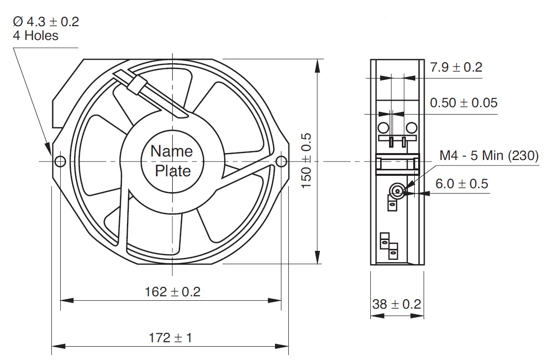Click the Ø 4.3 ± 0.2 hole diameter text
click(x=46, y=22)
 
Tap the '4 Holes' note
click(x=36, y=36)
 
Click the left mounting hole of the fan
click(x=60, y=161)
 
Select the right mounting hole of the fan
click(x=281, y=161)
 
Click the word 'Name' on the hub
click(x=172, y=151)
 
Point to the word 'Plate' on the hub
click(x=173, y=171)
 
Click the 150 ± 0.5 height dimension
click(x=306, y=160)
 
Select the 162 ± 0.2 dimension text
click(x=173, y=292)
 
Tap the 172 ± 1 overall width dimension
click(x=170, y=338)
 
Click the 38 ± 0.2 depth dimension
click(x=397, y=304)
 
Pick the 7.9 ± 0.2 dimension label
click(x=456, y=67)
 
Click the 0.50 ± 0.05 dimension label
click(x=464, y=103)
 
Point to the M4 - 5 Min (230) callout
click(x=489, y=155)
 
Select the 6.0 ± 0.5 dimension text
click(x=462, y=184)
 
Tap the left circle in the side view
click(x=384, y=127)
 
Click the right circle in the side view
click(x=412, y=127)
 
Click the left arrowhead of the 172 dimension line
click(x=58, y=347)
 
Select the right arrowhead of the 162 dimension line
click(x=274, y=300)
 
